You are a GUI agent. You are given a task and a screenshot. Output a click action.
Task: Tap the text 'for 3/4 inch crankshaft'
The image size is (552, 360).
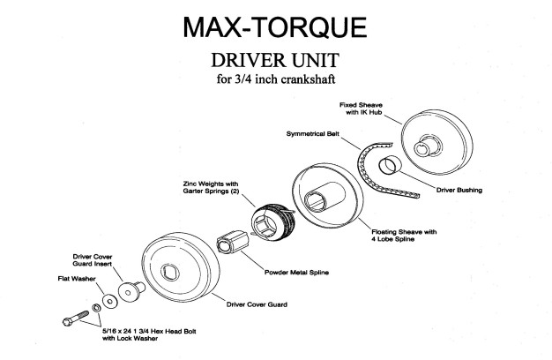pyautogui.click(x=275, y=82)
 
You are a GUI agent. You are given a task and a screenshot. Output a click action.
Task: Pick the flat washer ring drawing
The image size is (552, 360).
pyautogui.click(x=108, y=301)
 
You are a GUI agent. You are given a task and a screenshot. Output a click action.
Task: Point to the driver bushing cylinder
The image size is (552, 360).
pyautogui.click(x=391, y=165)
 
